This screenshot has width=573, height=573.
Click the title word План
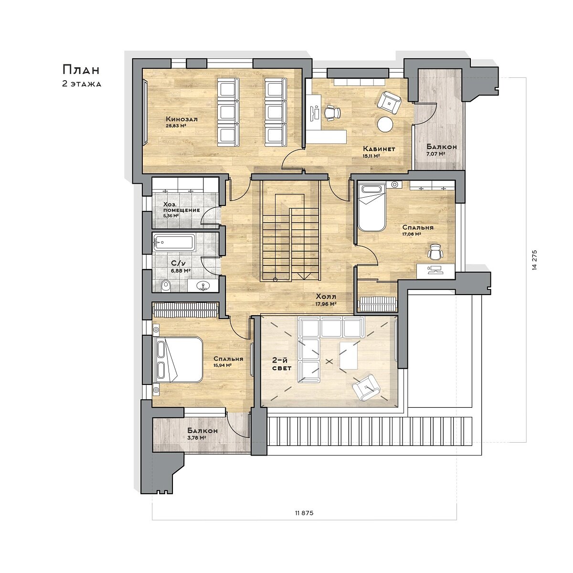[x=81, y=70]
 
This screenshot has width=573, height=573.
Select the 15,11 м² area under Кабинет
[x=371, y=156]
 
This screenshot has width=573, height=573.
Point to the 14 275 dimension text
[x=535, y=260]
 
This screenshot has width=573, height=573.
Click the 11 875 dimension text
[x=305, y=513]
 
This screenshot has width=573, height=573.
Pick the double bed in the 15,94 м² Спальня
[x=178, y=360]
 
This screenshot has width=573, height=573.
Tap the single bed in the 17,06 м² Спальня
[x=372, y=207]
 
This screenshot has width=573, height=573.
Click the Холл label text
[x=326, y=297]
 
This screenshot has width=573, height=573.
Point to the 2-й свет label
[x=282, y=364]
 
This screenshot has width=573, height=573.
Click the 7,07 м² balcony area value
[x=435, y=154]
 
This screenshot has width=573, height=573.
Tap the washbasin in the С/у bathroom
[x=203, y=286]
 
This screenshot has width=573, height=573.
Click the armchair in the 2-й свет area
[x=367, y=387]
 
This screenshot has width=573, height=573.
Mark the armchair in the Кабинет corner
[x=389, y=103]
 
